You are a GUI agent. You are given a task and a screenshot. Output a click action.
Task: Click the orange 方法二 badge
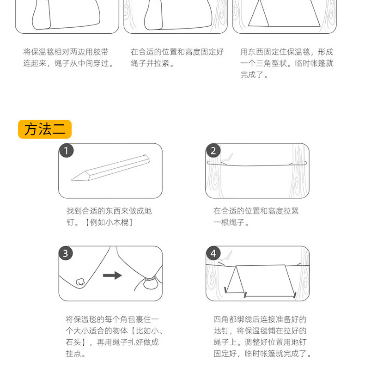(45, 129)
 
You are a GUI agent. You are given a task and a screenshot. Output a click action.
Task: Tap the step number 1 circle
(67, 151)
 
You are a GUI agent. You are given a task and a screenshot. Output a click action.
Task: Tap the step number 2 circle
(213, 151)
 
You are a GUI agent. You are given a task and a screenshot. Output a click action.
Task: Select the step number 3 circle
(66, 253)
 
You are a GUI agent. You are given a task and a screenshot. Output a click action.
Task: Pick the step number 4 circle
(213, 253)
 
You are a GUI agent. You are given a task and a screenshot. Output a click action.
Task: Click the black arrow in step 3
(112, 275)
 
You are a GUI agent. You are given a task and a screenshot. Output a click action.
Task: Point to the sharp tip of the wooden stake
(71, 180)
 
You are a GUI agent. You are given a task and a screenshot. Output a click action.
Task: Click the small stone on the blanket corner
(80, 282)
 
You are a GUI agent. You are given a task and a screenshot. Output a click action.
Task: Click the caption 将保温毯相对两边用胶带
(66, 52)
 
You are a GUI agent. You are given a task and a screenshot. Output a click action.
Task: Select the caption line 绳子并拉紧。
(152, 63)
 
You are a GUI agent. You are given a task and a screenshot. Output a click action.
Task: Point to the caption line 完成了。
(254, 75)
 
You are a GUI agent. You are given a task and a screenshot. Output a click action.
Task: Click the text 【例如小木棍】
(109, 222)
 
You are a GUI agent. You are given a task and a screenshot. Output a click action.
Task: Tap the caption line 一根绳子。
(231, 222)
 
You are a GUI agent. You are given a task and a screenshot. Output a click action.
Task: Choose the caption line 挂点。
(76, 354)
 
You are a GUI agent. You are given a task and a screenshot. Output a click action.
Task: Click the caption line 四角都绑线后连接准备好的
(260, 319)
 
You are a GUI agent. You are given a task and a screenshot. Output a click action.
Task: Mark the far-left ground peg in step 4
(225, 290)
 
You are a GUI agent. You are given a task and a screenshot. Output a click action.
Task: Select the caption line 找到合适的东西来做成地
(109, 211)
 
